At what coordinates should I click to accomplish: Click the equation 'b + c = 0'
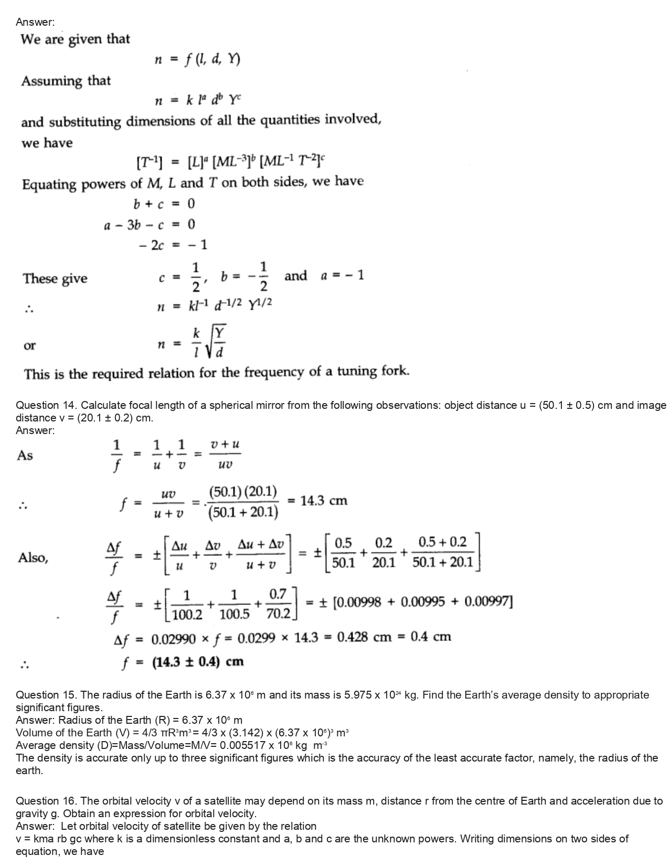point(164,204)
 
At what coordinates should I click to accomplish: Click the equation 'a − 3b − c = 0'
point(149,225)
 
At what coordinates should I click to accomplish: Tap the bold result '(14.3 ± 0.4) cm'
point(198,661)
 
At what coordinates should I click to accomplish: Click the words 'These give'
point(55,278)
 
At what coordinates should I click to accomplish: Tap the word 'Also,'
point(33,557)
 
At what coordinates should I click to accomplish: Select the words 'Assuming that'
point(66,81)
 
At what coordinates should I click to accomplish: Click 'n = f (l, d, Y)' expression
point(197,60)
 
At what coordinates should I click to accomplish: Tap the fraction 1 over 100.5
point(233,604)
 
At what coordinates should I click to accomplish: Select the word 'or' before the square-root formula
point(29,345)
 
